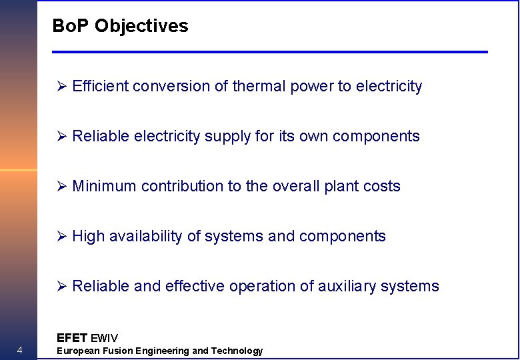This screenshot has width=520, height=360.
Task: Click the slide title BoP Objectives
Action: click(120, 26)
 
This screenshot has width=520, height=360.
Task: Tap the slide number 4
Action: click(20, 351)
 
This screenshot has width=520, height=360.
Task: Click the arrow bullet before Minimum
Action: click(62, 186)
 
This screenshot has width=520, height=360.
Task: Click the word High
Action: click(88, 236)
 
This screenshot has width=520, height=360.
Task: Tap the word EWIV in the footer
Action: click(104, 338)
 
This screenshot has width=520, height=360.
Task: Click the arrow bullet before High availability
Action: click(62, 236)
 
